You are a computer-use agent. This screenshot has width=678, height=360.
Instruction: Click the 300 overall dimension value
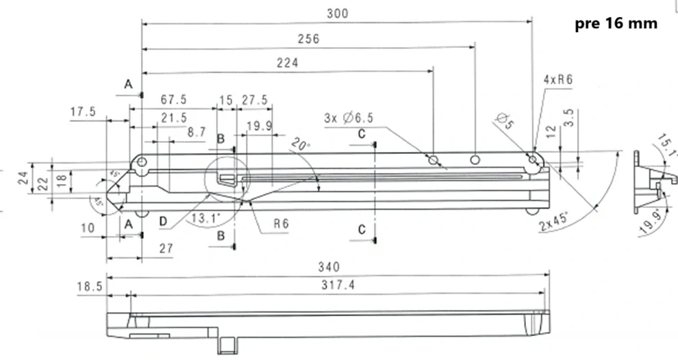(338, 13)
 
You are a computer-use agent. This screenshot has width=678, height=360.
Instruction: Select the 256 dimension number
(310, 39)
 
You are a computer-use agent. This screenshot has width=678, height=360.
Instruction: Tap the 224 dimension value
(287, 63)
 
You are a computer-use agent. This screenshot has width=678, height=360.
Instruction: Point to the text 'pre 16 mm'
(616, 24)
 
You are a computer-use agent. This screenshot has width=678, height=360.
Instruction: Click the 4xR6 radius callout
(557, 79)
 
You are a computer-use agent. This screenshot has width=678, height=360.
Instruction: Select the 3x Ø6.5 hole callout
(349, 118)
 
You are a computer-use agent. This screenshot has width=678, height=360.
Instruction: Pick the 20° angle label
(299, 145)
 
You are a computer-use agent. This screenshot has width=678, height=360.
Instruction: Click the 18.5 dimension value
(90, 286)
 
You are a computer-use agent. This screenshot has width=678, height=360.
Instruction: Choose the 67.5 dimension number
(173, 99)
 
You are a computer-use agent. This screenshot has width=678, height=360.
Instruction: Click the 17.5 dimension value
(83, 112)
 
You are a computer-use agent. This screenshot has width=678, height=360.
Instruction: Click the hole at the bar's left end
(141, 162)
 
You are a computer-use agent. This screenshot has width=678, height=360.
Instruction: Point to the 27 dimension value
(165, 248)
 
